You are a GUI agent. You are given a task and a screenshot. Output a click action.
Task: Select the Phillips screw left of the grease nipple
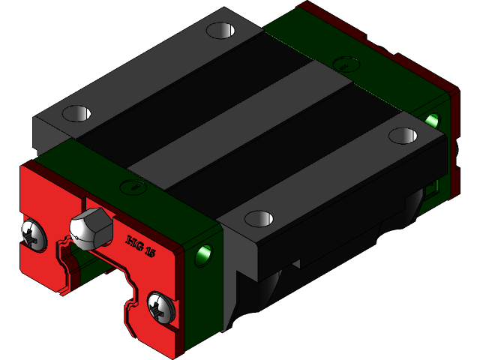tap(33, 232)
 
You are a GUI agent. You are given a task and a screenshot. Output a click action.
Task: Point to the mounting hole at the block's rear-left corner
tap(220, 31)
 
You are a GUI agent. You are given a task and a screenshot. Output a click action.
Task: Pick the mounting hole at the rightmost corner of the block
tap(403, 135)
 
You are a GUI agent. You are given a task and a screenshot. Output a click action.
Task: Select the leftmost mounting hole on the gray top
tap(76, 114)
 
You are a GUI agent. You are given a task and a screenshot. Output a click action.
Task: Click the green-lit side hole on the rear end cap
tap(432, 119)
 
